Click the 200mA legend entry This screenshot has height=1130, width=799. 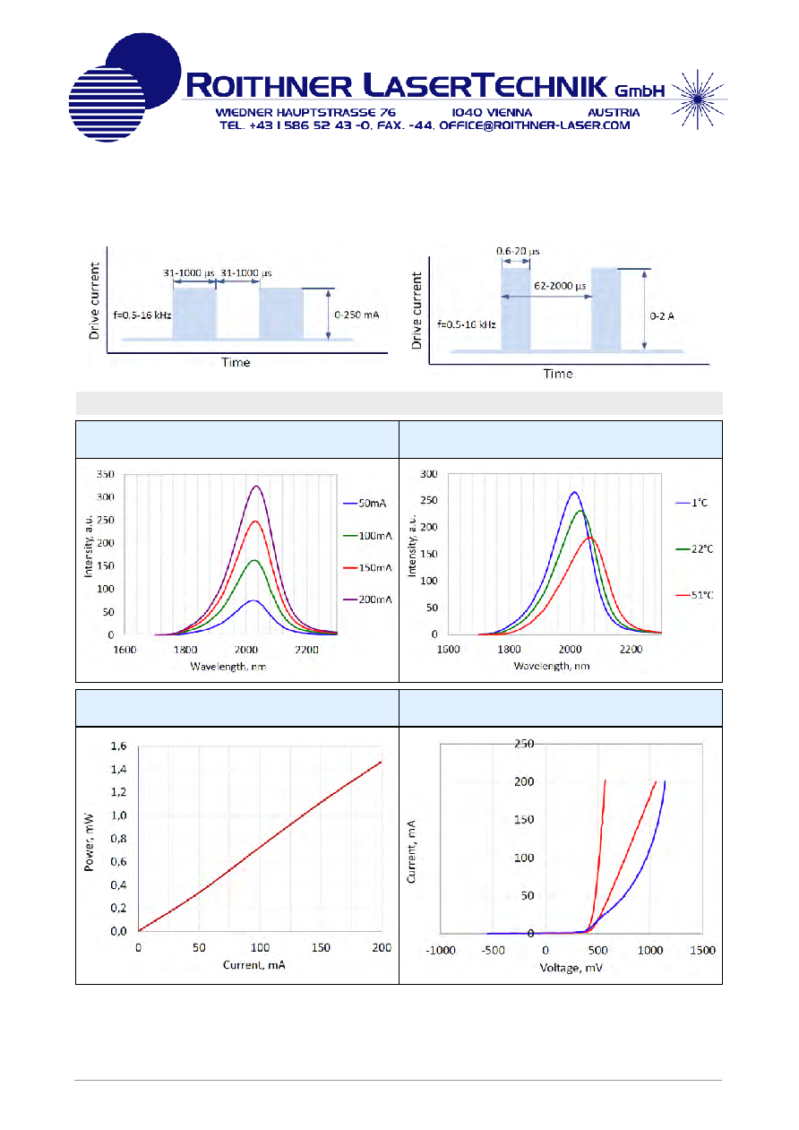point(367,600)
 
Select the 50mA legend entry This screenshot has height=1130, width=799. point(365,503)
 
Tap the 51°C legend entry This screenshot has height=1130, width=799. point(695,595)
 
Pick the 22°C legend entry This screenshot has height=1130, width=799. point(695,548)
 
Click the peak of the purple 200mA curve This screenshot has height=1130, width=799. point(256,487)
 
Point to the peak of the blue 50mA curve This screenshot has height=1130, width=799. point(253,600)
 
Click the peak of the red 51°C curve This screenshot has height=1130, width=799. point(589,538)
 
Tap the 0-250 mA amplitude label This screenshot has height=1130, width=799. point(357,315)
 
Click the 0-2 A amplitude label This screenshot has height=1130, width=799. point(661,316)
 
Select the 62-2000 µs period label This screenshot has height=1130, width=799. point(560,286)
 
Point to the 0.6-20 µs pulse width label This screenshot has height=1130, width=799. point(518,251)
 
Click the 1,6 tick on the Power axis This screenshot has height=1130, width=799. point(118,746)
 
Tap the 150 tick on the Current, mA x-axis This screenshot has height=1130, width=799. point(321,948)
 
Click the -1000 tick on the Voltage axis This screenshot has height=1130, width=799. point(441,951)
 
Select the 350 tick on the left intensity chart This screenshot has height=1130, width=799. point(106,474)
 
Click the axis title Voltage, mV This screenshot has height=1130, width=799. point(571,968)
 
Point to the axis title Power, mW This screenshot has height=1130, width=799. point(89,842)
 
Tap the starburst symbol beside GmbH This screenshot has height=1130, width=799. point(698,99)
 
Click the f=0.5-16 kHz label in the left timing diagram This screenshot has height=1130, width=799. point(142,315)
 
